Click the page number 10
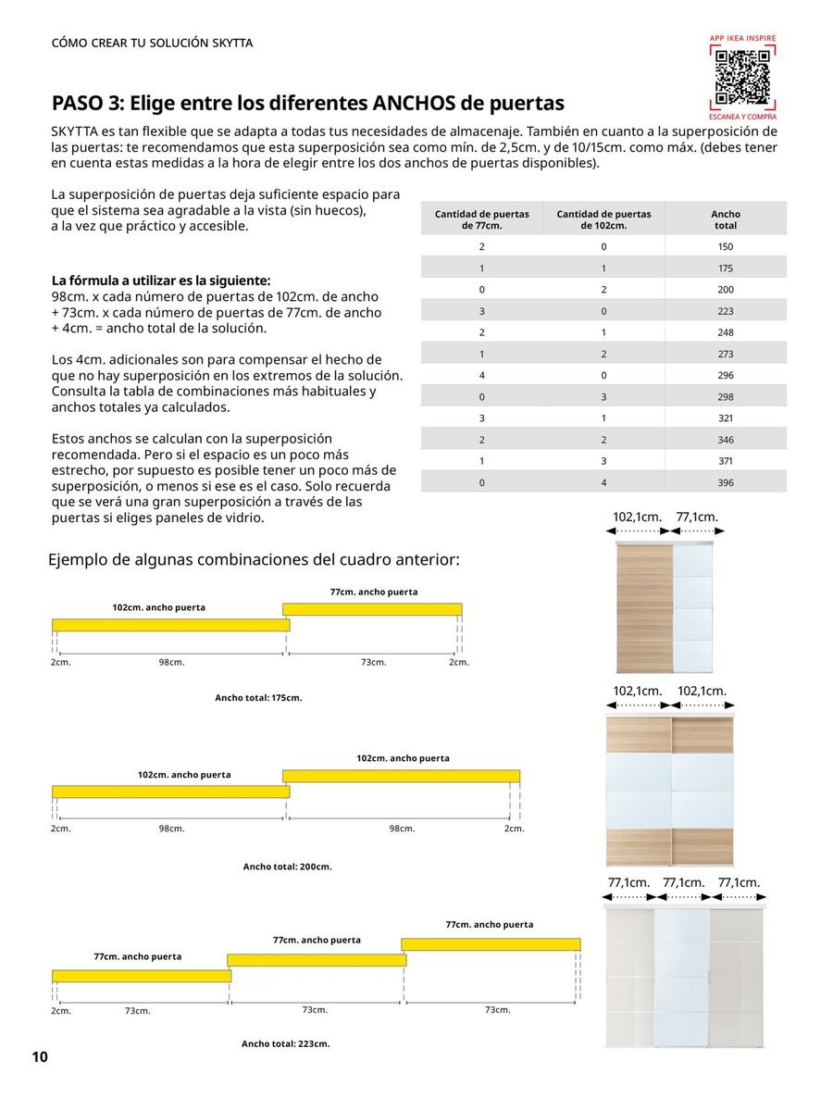(x=39, y=1057)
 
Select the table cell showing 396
(x=725, y=482)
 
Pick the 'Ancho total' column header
(x=725, y=219)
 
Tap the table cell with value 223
(x=725, y=311)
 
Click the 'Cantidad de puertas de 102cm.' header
(x=603, y=219)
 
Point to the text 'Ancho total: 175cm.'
(x=258, y=697)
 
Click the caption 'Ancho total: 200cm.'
(x=287, y=867)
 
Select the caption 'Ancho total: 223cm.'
(x=285, y=1043)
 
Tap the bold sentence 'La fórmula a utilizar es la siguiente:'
(x=161, y=280)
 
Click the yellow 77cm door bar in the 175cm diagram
(x=372, y=608)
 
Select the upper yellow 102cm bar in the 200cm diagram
(x=401, y=775)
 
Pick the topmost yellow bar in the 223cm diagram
(x=491, y=943)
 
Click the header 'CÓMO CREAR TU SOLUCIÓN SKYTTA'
(x=152, y=44)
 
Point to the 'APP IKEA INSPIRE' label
(x=742, y=38)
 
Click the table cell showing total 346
(x=725, y=440)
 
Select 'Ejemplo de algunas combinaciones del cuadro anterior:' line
(x=254, y=560)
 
